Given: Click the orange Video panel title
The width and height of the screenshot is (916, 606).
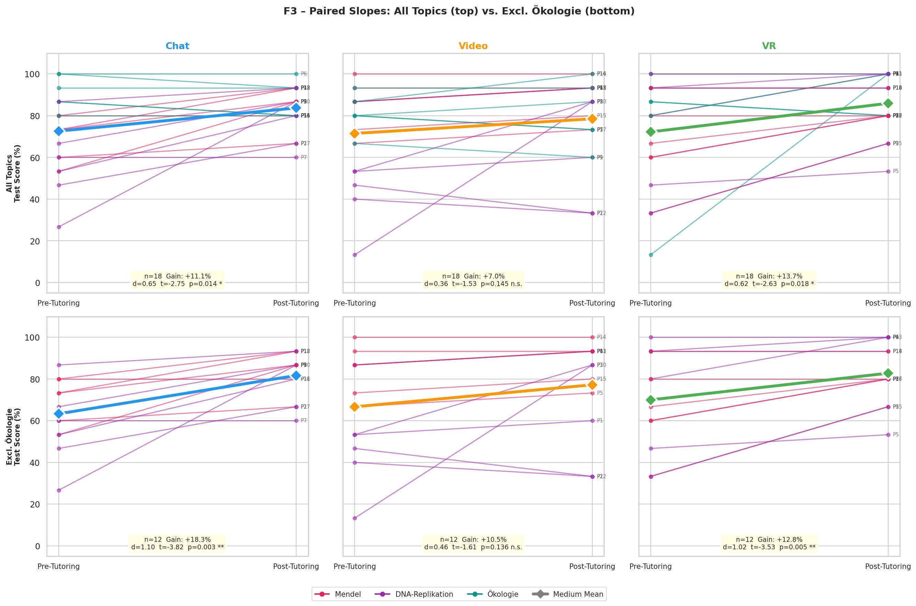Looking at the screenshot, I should pos(473,46).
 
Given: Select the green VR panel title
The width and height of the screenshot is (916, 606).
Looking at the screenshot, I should pos(769,46).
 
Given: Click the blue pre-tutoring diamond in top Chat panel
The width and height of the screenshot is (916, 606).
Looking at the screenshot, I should pos(59,132).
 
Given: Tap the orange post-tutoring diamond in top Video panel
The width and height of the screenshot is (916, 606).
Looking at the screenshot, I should pos(592,119).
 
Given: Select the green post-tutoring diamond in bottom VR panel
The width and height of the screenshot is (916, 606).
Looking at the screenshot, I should pos(888,373).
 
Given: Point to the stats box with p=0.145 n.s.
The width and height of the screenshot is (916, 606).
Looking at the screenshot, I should pos(473,280).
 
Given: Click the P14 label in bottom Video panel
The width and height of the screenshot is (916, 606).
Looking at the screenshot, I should pos(601,337).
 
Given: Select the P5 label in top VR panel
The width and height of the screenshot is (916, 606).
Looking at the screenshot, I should pos(895,171).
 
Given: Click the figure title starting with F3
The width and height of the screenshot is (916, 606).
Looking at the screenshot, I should pos(459,11).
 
